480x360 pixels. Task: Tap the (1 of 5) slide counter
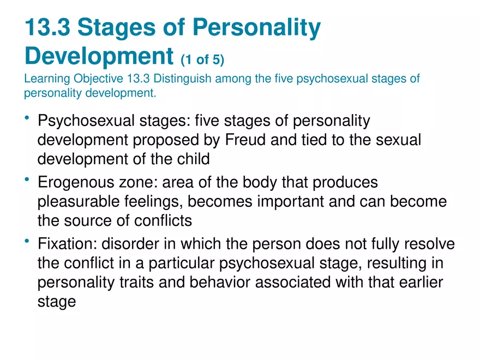[x=202, y=58]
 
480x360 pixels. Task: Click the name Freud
[x=245, y=140]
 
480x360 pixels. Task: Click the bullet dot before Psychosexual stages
[x=28, y=118]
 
